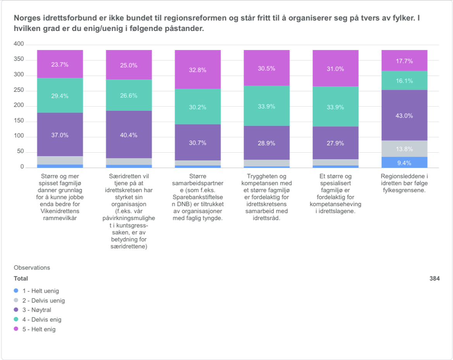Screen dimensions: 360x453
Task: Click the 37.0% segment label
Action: (x=60, y=135)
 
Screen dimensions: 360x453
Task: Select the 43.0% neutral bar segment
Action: (x=404, y=115)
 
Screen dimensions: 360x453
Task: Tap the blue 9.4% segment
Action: (x=404, y=162)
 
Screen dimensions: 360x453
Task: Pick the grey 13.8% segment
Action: (x=404, y=149)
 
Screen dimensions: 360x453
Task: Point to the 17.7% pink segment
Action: (x=404, y=61)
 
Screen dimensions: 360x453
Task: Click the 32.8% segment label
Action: (x=197, y=70)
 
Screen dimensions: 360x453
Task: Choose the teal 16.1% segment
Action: (x=404, y=81)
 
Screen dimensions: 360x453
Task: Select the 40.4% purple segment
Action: (x=129, y=135)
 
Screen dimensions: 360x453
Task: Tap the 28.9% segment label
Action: (x=266, y=143)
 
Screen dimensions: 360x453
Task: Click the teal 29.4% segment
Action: (x=60, y=96)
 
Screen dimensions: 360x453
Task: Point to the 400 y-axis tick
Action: (x=19, y=45)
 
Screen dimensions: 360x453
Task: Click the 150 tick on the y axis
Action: (x=19, y=121)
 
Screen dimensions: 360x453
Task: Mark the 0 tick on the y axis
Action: (x=22, y=167)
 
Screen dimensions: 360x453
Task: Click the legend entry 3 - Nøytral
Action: (x=37, y=310)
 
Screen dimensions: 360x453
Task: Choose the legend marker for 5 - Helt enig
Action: (x=16, y=329)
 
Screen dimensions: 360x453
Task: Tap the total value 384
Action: (x=434, y=278)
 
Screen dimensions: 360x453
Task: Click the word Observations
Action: (x=32, y=267)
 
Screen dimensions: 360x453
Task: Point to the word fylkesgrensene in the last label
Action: (x=404, y=190)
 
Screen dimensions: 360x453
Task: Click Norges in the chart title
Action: (x=25, y=18)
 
